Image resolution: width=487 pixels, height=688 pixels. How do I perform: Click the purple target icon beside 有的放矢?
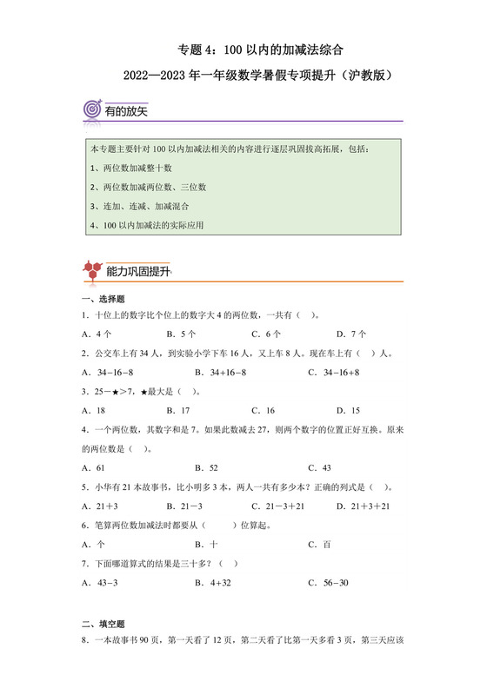91,110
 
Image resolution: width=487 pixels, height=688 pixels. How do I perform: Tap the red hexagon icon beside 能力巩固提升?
91,271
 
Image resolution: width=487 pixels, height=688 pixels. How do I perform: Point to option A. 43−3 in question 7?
100,582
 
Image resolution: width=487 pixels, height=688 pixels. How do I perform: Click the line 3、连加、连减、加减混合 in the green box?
138,206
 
